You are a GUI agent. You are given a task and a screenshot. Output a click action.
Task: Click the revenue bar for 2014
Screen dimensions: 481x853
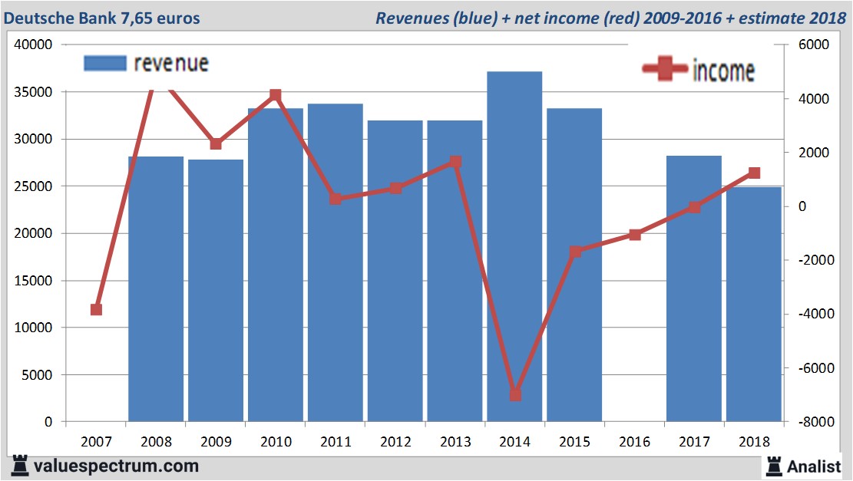coord(514,245)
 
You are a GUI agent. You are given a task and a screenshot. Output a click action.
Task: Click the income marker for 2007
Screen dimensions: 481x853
coord(96,310)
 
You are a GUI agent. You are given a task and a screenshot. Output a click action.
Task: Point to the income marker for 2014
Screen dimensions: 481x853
coord(515,395)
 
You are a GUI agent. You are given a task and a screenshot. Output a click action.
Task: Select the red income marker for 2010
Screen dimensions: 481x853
coord(276,95)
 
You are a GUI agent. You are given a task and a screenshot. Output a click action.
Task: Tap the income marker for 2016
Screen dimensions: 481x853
coord(635,235)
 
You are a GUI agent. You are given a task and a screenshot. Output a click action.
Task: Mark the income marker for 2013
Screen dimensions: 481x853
coord(455,162)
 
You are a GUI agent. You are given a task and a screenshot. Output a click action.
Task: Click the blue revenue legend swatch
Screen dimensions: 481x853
coord(104,63)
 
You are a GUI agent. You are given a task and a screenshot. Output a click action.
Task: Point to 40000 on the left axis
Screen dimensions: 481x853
coord(33,44)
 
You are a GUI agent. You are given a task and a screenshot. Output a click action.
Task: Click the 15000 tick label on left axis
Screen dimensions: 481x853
coord(33,281)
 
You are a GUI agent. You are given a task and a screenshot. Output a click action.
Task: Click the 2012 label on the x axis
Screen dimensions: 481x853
coord(395,442)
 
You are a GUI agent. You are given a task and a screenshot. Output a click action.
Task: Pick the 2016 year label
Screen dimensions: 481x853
coord(635,442)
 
